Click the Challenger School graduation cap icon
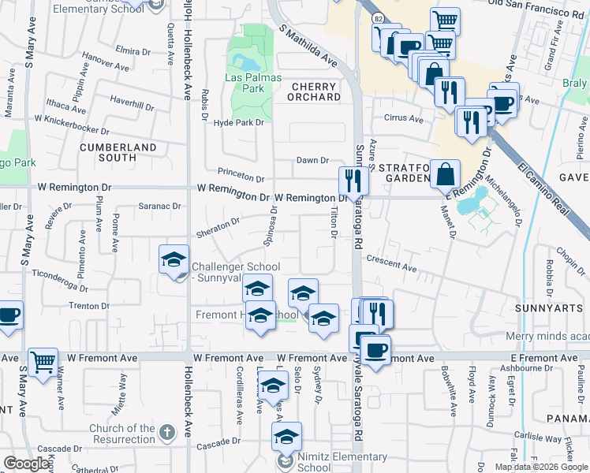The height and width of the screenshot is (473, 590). point(174,259)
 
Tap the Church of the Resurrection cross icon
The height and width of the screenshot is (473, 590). point(165,432)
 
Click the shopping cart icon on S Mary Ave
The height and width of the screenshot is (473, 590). point(43,362)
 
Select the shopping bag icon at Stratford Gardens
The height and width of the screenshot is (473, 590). point(446,173)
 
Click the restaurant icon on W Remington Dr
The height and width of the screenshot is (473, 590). point(354,180)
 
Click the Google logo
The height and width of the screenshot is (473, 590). point(27,464)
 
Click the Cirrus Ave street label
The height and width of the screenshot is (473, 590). point(403,120)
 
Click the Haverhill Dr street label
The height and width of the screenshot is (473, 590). point(132,103)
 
